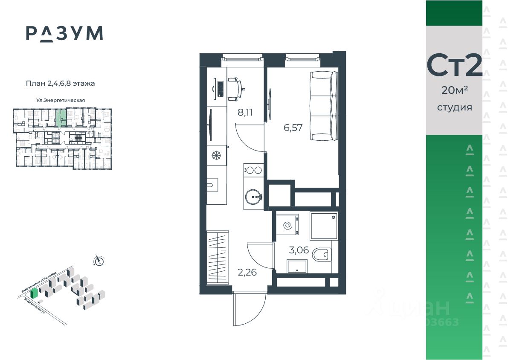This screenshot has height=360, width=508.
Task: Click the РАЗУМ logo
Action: [x=64, y=33]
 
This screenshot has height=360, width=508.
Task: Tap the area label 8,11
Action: [x=245, y=113]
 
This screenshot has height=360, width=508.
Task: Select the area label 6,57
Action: [x=293, y=128]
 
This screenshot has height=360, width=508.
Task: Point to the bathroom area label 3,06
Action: [x=299, y=250]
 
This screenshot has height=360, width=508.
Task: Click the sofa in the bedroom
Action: [x=323, y=106]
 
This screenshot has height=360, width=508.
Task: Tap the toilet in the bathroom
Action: [x=322, y=255]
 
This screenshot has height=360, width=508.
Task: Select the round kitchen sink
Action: [x=255, y=197]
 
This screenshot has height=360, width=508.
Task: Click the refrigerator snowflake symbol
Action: [x=217, y=155]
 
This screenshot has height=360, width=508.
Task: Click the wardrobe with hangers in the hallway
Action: [x=218, y=257]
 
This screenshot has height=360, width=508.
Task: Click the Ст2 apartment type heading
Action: [x=454, y=66]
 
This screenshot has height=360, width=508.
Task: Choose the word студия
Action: [x=454, y=107]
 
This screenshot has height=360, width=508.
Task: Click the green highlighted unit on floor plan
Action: [x=61, y=118]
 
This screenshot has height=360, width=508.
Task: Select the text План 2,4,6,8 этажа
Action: [x=60, y=84]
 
